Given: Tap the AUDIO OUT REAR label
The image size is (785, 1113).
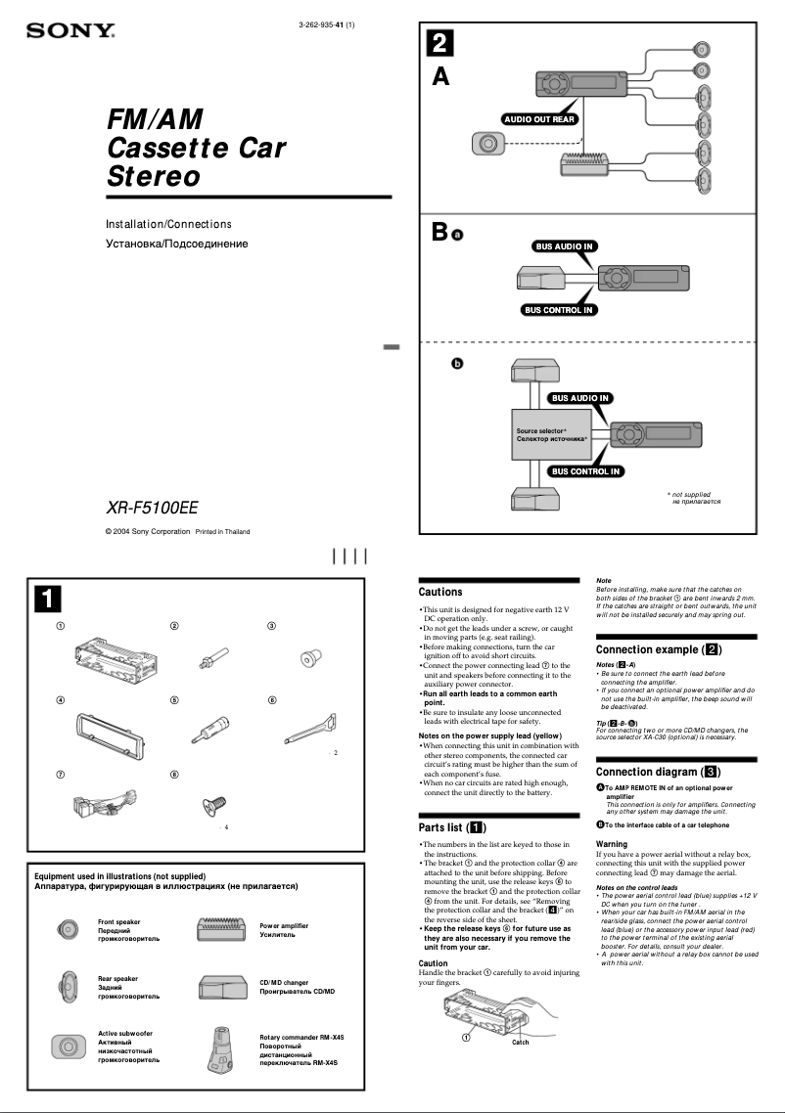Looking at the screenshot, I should pyautogui.click(x=538, y=119).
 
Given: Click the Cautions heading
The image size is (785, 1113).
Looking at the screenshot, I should pyautogui.click(x=440, y=592).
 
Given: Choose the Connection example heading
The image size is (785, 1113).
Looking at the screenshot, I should pyautogui.click(x=659, y=649).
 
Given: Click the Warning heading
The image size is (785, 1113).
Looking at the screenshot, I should pyautogui.click(x=612, y=843).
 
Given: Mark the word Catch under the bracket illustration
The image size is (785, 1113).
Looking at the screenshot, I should pyautogui.click(x=521, y=1043).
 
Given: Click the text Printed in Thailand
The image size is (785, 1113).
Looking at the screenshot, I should pyautogui.click(x=222, y=532).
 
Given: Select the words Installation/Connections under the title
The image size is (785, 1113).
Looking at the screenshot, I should pyautogui.click(x=168, y=225).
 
